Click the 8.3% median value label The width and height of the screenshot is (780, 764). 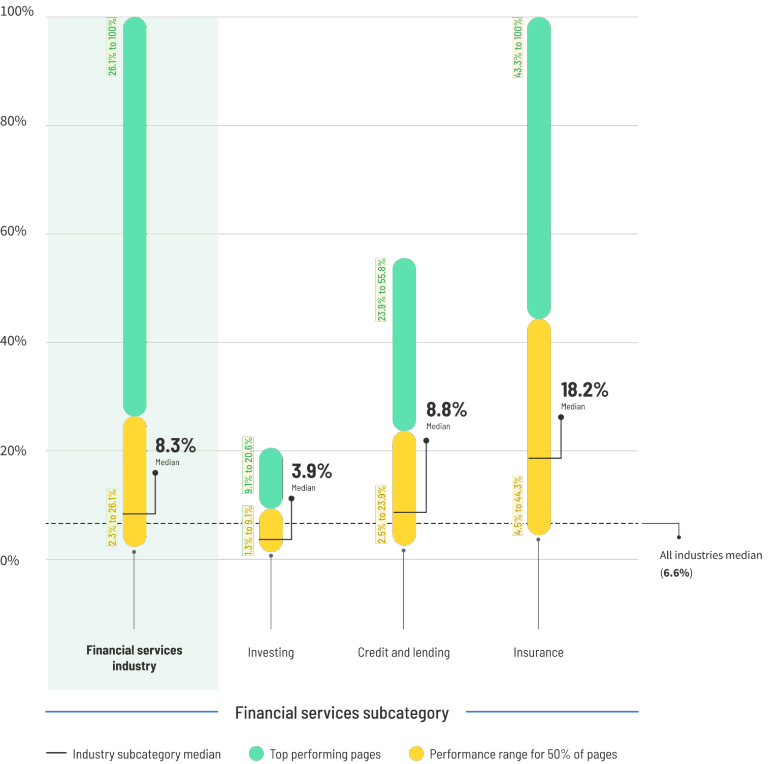point(175,445)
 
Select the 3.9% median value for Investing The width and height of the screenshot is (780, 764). point(311,471)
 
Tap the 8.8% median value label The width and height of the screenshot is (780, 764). point(446,409)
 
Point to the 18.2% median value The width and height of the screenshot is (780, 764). point(584,390)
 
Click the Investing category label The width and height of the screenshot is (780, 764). point(271,653)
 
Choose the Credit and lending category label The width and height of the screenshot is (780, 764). point(404,653)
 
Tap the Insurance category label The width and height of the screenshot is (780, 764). point(538,653)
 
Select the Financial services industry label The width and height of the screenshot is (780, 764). point(134,658)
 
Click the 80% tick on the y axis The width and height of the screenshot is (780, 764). point(13,121)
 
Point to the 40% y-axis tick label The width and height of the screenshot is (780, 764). point(13,341)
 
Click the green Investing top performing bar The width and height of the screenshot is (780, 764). point(271,477)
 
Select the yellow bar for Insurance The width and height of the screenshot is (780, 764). point(539,427)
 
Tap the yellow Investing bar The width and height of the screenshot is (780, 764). point(271,530)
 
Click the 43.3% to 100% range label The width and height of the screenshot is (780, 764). point(517,48)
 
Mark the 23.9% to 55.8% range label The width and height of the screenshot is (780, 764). point(381,290)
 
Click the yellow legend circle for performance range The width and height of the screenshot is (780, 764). point(416,754)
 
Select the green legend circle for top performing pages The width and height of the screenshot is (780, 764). point(256,754)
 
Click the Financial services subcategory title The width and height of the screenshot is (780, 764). point(342,713)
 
